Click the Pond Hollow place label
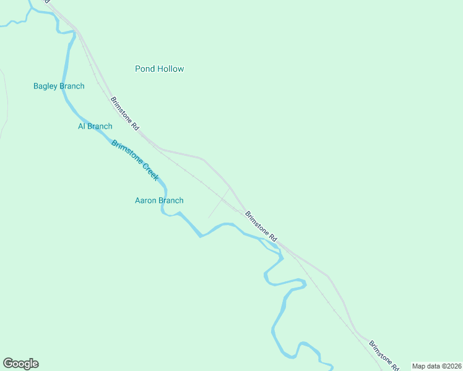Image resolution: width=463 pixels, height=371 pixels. coord(159,69)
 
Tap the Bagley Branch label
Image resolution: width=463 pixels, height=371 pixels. coord(59,86)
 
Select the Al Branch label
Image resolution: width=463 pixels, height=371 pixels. coord(95,126)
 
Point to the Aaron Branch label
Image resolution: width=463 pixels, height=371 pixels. coord(159,200)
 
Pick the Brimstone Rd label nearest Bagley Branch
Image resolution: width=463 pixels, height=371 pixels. coord(124,113)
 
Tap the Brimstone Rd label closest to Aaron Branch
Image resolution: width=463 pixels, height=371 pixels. coord(261,226)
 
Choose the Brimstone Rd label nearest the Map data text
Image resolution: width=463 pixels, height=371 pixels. coord(383,355)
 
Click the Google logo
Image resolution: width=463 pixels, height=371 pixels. coord(20,364)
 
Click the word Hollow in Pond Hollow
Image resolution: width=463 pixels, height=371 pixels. coord(170,69)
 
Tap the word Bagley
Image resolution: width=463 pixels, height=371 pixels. coord(45,86)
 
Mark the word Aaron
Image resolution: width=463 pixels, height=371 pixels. coord(146,200)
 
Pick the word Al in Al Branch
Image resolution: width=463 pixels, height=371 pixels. coord(81,126)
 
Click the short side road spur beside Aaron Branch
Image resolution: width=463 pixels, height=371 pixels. coord(218,205)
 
